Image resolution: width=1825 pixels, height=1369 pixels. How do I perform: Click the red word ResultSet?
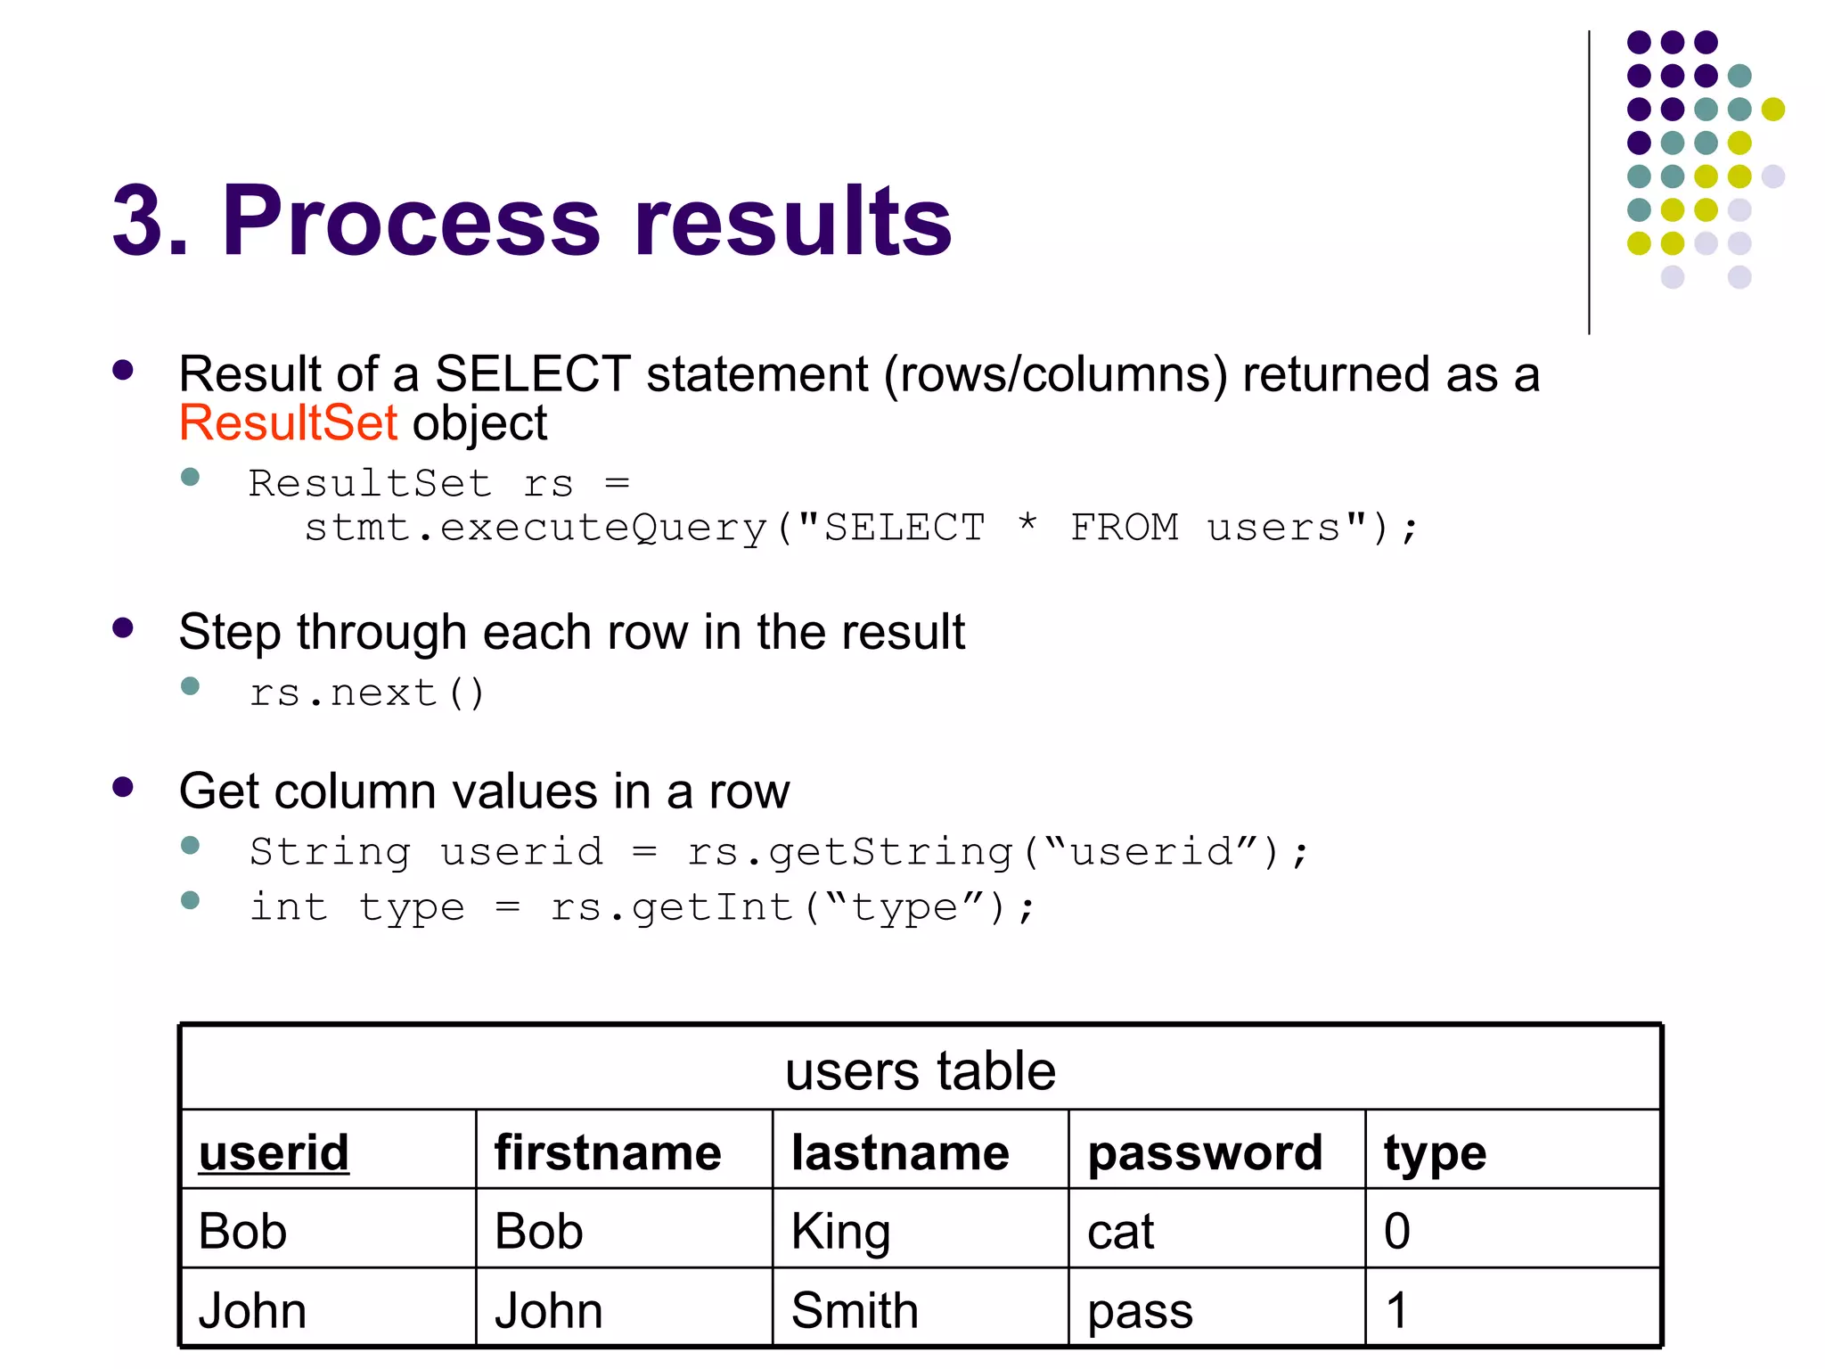287,422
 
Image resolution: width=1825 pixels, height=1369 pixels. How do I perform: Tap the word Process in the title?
411,220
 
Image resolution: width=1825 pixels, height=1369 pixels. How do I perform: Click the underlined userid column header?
274,1152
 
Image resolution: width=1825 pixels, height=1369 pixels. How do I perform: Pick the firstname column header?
608,1152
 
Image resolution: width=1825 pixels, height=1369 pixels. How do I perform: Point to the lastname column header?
900,1152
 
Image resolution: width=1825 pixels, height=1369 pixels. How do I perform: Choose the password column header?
1205,1152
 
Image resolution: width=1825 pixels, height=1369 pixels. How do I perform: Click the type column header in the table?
1435,1154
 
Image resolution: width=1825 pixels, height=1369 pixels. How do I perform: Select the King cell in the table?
840,1232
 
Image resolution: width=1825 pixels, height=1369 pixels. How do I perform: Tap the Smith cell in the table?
855,1310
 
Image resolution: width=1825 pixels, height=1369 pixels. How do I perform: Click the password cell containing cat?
1120,1232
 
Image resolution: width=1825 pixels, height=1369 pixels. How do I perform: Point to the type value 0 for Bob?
1396,1232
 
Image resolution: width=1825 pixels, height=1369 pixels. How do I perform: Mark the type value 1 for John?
1396,1310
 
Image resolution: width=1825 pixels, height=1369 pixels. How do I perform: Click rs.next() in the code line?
366,693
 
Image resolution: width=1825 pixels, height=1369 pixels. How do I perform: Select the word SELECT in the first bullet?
533,373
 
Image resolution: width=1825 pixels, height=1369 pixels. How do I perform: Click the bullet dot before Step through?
123,628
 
